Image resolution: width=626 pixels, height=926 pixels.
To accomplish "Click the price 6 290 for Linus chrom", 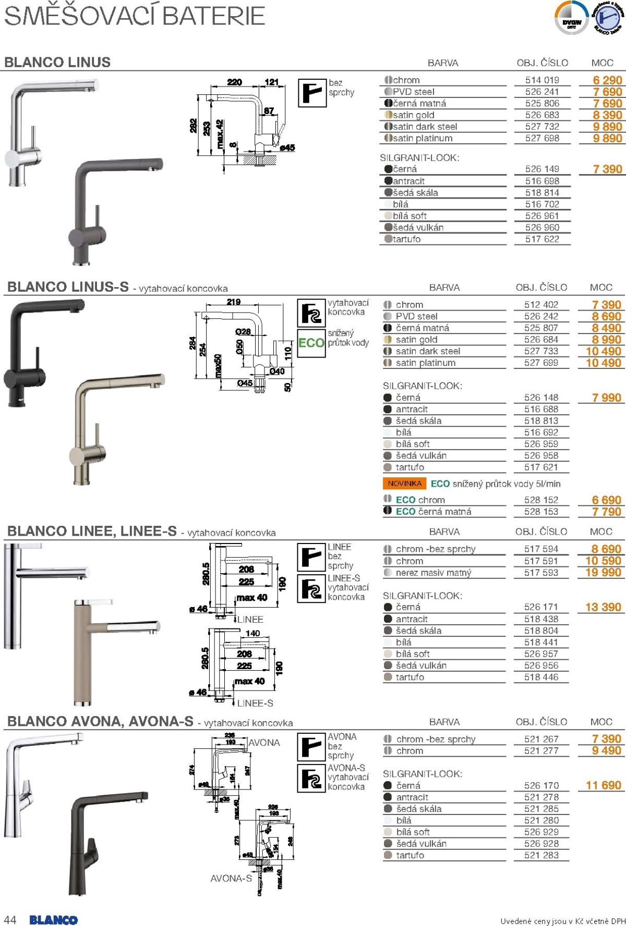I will coord(607,80).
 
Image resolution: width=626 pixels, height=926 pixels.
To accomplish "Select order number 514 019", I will coord(542,80).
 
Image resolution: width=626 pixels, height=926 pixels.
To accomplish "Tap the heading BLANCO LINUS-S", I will coord(68,287).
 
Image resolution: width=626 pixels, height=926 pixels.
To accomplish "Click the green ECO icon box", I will coord(311,343).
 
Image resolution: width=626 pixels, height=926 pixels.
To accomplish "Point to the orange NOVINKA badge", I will coord(404,484).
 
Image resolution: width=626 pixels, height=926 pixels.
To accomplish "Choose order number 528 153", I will coord(541,512).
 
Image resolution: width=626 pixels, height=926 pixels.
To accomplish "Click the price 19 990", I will coord(603,573).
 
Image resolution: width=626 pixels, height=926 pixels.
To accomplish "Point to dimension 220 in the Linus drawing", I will coord(235,82).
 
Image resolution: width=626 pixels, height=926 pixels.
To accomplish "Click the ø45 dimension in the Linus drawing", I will coord(287,147).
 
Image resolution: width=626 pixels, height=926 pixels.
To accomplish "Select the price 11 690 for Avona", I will coord(604,785).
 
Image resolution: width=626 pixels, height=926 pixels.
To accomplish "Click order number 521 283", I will coord(541,855).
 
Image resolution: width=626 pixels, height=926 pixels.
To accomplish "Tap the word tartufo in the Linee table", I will coord(410,677).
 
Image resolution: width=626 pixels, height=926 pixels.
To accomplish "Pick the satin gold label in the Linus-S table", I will coord(416,340).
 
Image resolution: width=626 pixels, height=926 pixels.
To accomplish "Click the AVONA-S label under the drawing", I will coord(231,879).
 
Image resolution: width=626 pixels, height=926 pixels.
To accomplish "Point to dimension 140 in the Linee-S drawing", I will coord(252,634).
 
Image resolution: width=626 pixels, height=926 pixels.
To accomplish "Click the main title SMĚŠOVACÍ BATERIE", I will coord(135,17).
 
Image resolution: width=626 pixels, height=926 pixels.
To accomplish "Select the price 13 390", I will coord(603,607).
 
